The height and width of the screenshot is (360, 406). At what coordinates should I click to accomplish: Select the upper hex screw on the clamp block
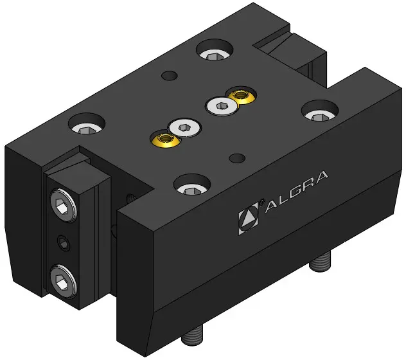64,205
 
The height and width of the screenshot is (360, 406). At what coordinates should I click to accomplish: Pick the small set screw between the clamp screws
64,243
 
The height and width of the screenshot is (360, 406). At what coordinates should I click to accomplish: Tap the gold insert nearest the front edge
165,139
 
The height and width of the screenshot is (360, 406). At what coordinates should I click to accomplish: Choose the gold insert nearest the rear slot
242,95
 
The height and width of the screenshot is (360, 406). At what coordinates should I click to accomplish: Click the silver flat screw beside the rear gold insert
221,106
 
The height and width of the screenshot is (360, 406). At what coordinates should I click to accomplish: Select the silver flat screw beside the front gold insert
184,127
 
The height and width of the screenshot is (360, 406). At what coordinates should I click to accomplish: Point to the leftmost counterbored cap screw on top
87,125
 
